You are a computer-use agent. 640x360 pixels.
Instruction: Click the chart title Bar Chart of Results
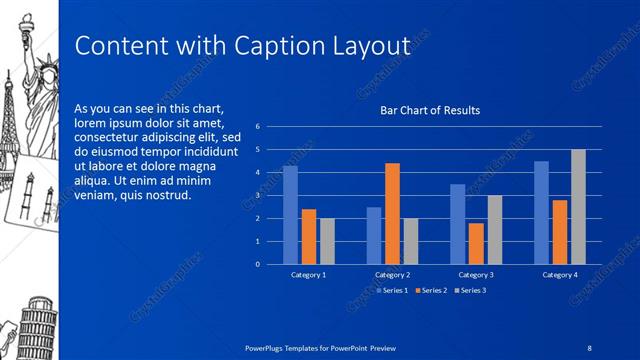coord(430,110)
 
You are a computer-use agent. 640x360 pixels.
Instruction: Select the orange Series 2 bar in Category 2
coord(392,213)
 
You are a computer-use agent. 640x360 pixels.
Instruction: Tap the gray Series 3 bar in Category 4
coord(578,206)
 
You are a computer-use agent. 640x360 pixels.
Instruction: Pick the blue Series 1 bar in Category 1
coord(290,214)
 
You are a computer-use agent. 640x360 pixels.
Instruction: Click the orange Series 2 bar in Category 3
coord(476,243)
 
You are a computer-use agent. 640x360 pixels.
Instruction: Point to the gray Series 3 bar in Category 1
coord(327,241)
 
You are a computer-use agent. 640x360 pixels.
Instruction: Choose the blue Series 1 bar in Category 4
coord(541,212)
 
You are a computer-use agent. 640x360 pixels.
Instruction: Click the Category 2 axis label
coord(392,274)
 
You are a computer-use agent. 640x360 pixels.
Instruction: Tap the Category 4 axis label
coord(560,274)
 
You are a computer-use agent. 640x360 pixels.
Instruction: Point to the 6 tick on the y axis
coord(258,127)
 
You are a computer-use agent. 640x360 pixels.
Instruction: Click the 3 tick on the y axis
coord(258,196)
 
